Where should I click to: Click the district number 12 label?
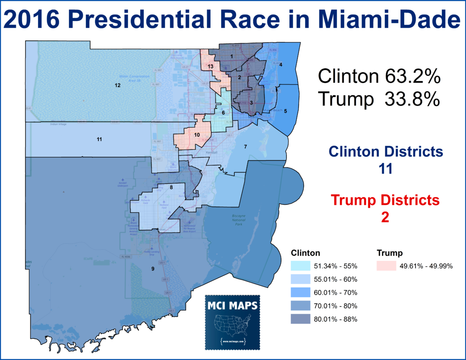(117, 85)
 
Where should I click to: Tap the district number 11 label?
(99, 139)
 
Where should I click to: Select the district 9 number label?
(152, 269)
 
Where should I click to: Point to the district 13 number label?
(210, 66)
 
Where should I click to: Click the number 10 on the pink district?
(197, 135)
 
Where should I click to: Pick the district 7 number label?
(245, 147)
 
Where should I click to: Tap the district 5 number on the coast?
(285, 111)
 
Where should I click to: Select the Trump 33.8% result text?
(379, 99)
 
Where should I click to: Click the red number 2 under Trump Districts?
(385, 216)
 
